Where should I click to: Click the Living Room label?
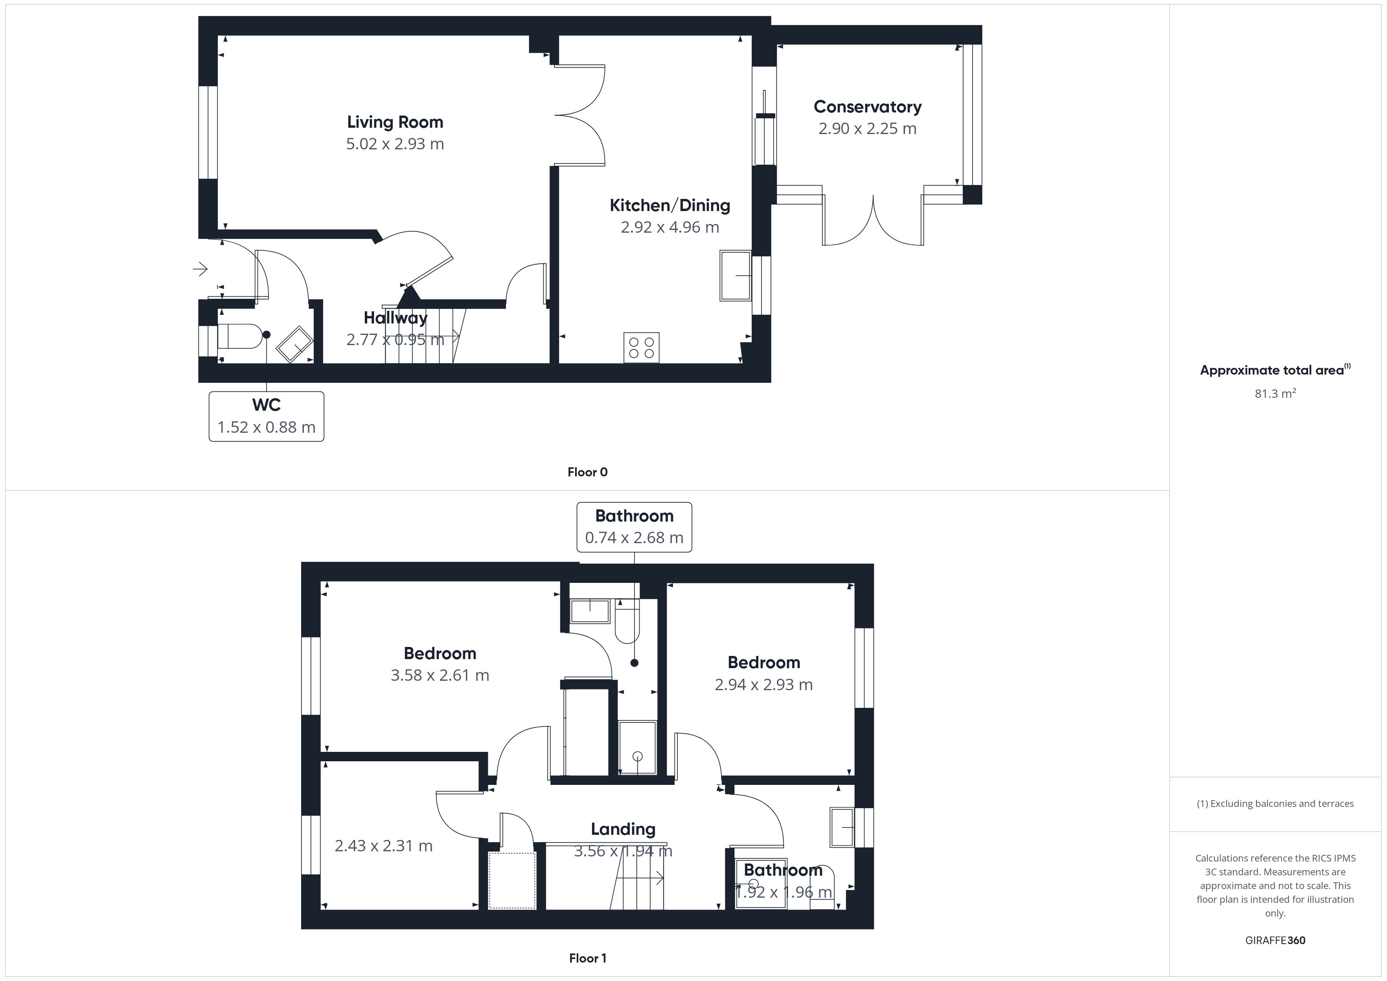pos(395,122)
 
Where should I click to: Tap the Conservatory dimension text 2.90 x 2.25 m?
pos(868,129)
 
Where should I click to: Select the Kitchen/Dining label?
pos(670,206)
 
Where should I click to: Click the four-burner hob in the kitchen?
pos(642,348)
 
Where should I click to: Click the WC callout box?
pos(267,417)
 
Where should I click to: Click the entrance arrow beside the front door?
pos(201,269)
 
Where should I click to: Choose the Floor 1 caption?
pos(587,958)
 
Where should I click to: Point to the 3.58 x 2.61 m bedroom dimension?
pos(440,675)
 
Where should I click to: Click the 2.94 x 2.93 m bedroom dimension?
pos(763,684)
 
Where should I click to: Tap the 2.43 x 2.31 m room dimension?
pos(384,846)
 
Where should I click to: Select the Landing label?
pos(623,829)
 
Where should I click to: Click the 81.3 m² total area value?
pos(1275,393)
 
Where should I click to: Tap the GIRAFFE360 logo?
pos(1275,941)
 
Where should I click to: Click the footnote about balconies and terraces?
pos(1275,803)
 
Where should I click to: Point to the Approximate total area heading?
pos(1275,370)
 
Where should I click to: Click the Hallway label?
pos(395,318)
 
